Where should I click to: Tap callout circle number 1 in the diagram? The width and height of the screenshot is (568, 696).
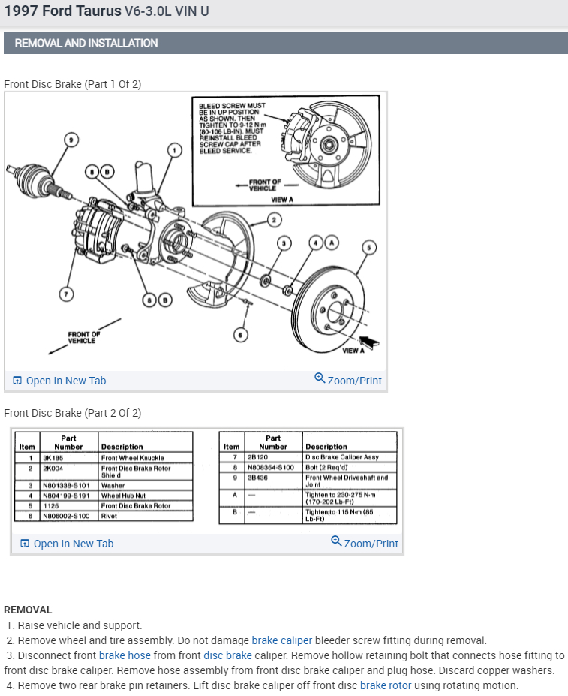(x=174, y=151)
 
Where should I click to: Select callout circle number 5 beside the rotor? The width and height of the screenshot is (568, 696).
(x=368, y=248)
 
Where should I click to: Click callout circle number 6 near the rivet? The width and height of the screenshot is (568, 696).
(x=240, y=334)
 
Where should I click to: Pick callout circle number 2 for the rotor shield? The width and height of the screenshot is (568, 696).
(x=275, y=220)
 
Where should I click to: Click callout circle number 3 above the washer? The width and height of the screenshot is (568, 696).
(x=284, y=243)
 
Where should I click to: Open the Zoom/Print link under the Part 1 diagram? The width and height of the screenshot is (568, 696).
(x=349, y=381)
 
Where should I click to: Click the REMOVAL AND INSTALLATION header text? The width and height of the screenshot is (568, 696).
(x=86, y=43)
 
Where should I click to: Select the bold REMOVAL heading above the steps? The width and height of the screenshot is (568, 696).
(x=28, y=610)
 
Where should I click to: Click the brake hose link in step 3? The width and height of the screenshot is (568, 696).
(x=122, y=655)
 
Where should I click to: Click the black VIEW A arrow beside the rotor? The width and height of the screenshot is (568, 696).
(x=370, y=342)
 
